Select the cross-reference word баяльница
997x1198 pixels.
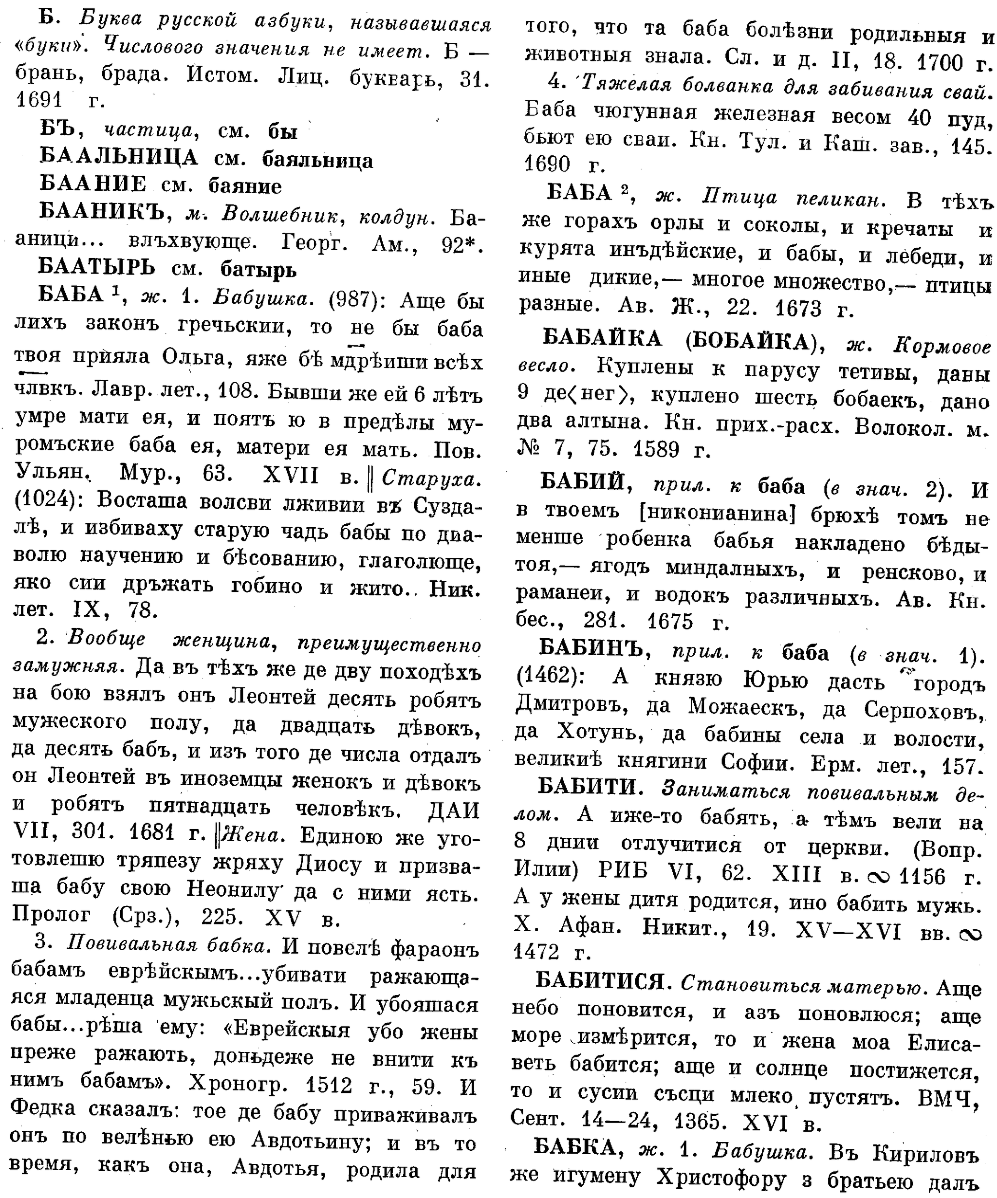[316, 160]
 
